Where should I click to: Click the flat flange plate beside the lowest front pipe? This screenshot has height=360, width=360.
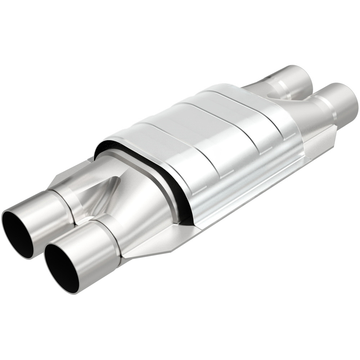(x=144, y=245)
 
